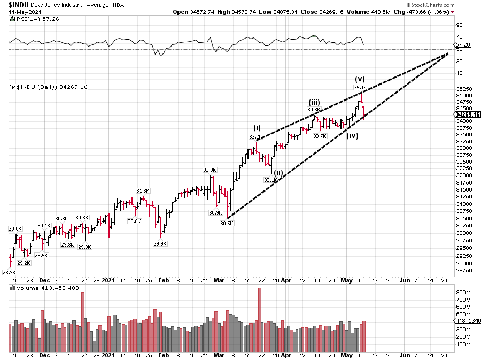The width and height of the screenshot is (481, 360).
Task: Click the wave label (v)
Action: (x=360, y=79)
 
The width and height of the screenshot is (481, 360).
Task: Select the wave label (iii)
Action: (x=314, y=102)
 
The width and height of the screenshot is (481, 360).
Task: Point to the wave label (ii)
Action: (x=278, y=172)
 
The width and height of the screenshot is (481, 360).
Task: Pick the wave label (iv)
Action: (x=352, y=136)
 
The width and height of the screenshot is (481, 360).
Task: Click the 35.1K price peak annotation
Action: (x=360, y=87)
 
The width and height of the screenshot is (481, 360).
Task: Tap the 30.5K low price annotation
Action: (x=227, y=224)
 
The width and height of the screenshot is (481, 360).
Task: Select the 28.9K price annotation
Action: (x=9, y=272)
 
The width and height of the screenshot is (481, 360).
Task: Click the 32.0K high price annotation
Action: (x=209, y=170)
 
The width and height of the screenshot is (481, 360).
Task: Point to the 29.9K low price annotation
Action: (x=160, y=243)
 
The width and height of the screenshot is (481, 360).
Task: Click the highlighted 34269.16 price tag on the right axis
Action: (x=467, y=114)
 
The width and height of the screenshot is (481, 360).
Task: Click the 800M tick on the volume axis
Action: (x=462, y=293)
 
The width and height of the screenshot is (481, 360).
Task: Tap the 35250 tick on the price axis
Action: (x=462, y=88)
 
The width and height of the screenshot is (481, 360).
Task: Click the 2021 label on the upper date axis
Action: (x=108, y=280)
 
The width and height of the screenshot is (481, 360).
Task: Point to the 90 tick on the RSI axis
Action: (x=458, y=25)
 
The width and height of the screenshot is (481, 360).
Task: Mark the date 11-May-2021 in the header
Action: (x=21, y=11)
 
